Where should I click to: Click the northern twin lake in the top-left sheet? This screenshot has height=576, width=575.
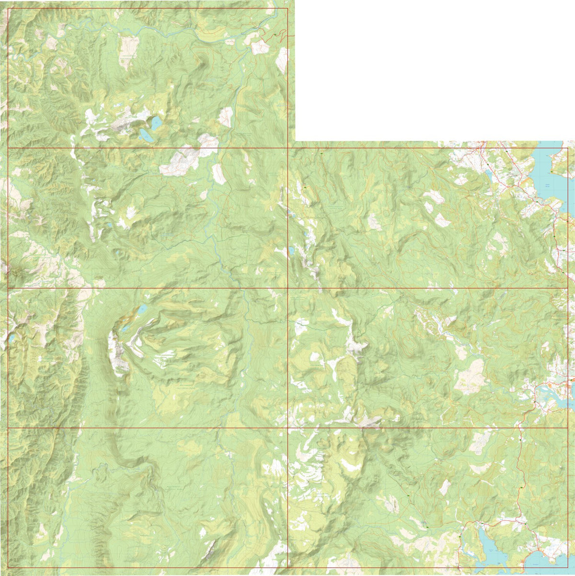(x=156, y=123)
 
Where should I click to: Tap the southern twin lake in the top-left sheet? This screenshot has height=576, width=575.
(x=146, y=136)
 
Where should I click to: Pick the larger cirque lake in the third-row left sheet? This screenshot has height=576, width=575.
(x=143, y=310)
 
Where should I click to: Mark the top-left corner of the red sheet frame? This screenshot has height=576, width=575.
(x=8, y=8)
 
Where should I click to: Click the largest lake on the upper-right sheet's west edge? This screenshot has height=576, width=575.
(x=291, y=250)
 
